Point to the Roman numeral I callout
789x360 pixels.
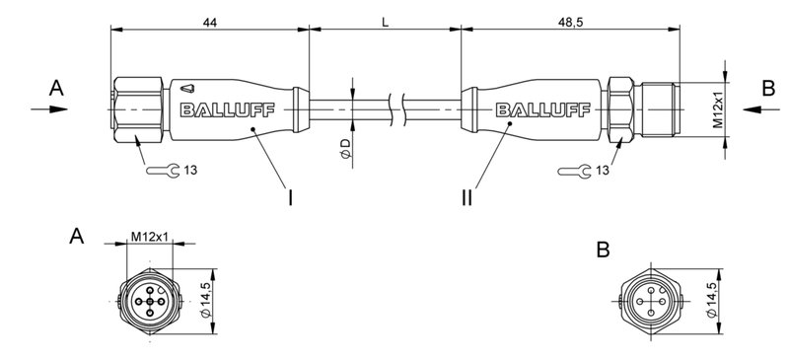(290, 198)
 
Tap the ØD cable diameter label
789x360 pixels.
(344, 149)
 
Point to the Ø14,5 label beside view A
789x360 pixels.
(205, 299)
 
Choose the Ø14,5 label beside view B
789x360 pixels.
(711, 299)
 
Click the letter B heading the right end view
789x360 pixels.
(603, 250)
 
